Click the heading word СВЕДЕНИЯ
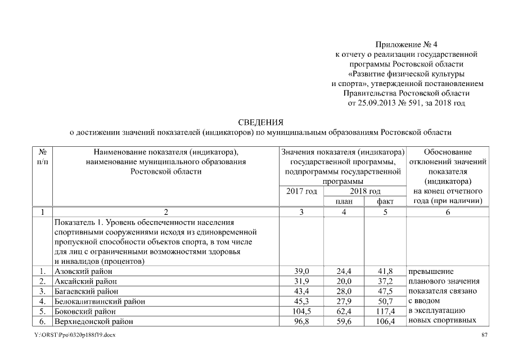pyautogui.click(x=260, y=122)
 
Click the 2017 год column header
pyautogui.click(x=301, y=191)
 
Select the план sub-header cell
pyautogui.click(x=344, y=201)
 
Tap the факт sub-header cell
pyautogui.click(x=385, y=201)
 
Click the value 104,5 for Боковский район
pyautogui.click(x=301, y=312)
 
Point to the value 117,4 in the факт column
pyautogui.click(x=385, y=312)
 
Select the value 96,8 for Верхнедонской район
pyautogui.click(x=301, y=322)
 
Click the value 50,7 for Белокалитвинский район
pyautogui.click(x=385, y=301)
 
